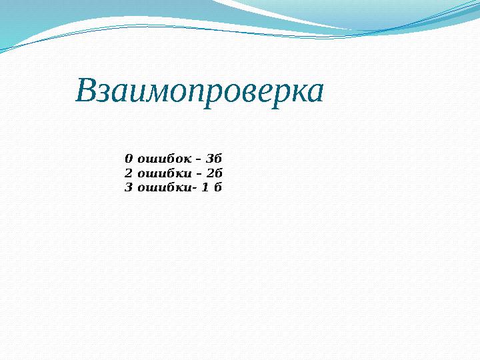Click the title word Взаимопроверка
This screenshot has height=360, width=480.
[199, 92]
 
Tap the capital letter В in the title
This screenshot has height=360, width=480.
[87, 91]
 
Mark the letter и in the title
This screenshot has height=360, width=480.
[133, 93]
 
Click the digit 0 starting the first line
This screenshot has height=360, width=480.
[129, 159]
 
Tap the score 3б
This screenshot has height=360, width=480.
[214, 159]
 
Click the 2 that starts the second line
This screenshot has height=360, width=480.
[129, 173]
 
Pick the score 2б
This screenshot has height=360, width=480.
[214, 173]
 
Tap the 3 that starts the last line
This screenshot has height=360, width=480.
[129, 187]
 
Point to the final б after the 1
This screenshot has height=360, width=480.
[217, 187]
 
